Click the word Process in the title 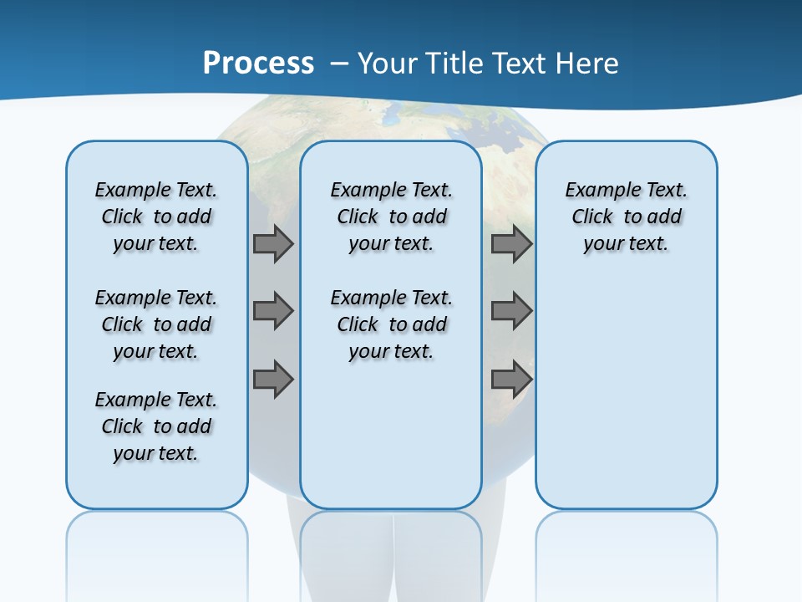coord(258,64)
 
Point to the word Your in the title coord(388,64)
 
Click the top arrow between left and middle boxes coord(273,244)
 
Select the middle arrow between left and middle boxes coord(273,311)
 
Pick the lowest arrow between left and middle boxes coord(273,379)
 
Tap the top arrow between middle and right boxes coord(511,244)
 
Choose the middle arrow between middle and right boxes coord(511,311)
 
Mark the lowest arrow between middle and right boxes coord(511,379)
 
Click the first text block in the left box coord(156,217)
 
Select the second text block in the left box coord(156,324)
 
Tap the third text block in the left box coord(156,426)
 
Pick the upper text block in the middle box coord(391,217)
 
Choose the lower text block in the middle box coord(391,324)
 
